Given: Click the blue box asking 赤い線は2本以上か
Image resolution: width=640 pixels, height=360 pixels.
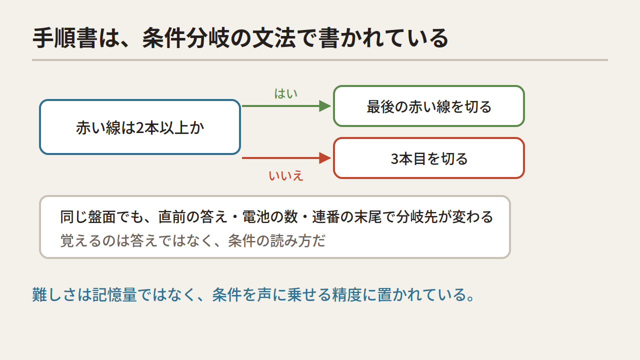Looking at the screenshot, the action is pyautogui.click(x=140, y=127).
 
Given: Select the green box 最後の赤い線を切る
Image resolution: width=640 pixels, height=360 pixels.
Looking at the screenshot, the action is pyautogui.click(x=429, y=106).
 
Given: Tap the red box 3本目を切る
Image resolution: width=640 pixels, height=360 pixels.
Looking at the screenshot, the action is pyautogui.click(x=429, y=158).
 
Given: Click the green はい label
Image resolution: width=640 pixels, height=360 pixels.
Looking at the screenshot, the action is pyautogui.click(x=285, y=93).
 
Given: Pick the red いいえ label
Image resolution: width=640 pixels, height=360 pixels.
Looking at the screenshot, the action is pyautogui.click(x=285, y=175).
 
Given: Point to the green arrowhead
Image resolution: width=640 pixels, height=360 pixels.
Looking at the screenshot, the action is pyautogui.click(x=325, y=106).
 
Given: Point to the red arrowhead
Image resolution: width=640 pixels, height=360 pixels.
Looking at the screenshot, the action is pyautogui.click(x=325, y=158).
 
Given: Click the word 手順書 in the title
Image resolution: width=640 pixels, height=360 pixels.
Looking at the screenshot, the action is pyautogui.click(x=64, y=38).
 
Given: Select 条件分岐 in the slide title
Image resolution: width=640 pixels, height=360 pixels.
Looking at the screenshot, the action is pyautogui.click(x=185, y=38).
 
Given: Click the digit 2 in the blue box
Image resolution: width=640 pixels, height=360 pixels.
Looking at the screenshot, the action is pyautogui.click(x=139, y=127).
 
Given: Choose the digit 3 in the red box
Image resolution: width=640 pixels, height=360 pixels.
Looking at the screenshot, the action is pyautogui.click(x=395, y=159).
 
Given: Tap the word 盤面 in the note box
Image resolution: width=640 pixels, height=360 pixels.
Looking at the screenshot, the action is pyautogui.click(x=101, y=216).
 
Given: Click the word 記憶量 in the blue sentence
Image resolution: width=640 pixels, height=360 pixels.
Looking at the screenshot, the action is pyautogui.click(x=114, y=294).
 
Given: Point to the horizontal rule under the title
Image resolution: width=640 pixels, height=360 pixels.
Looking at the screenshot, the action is pyautogui.click(x=320, y=60).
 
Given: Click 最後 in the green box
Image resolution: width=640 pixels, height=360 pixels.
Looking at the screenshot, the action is pyautogui.click(x=380, y=107).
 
